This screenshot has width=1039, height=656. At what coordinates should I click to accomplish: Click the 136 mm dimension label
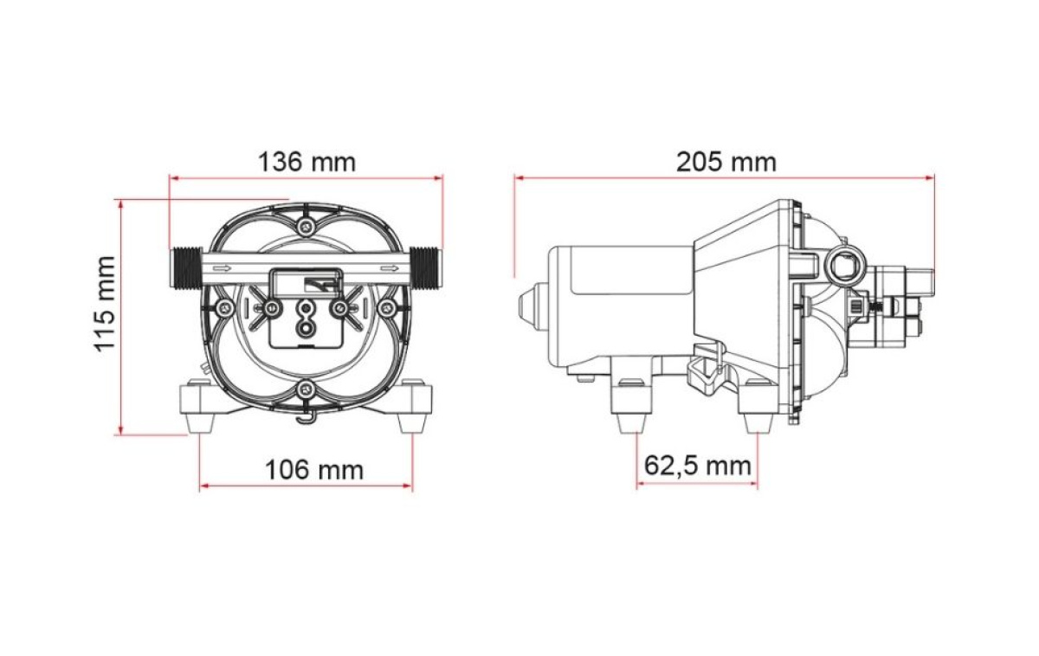tap(307, 162)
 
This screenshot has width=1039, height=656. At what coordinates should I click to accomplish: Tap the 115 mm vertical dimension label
tap(105, 304)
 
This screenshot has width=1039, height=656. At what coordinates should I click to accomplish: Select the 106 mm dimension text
tap(314, 469)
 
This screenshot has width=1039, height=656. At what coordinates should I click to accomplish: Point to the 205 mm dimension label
tap(726, 162)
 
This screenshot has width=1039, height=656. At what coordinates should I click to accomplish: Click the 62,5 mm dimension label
tap(698, 466)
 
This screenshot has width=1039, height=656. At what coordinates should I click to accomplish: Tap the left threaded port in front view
tap(186, 268)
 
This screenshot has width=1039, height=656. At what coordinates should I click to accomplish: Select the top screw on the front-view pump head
tap(305, 226)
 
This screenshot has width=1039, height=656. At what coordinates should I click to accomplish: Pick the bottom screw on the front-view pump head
tap(305, 389)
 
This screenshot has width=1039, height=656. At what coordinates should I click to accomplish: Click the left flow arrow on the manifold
tap(222, 268)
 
